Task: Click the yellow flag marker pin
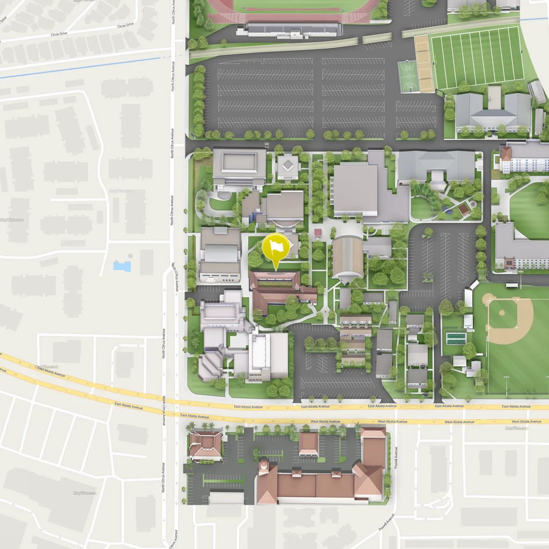276,247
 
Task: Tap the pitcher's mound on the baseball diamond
502,313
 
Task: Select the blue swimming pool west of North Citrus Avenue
122,266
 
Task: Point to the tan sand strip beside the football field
424,63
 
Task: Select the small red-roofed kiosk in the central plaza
318,233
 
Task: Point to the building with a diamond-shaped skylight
288,166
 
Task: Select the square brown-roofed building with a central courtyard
205,444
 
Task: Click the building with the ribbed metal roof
220,253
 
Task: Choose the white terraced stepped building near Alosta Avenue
210,366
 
